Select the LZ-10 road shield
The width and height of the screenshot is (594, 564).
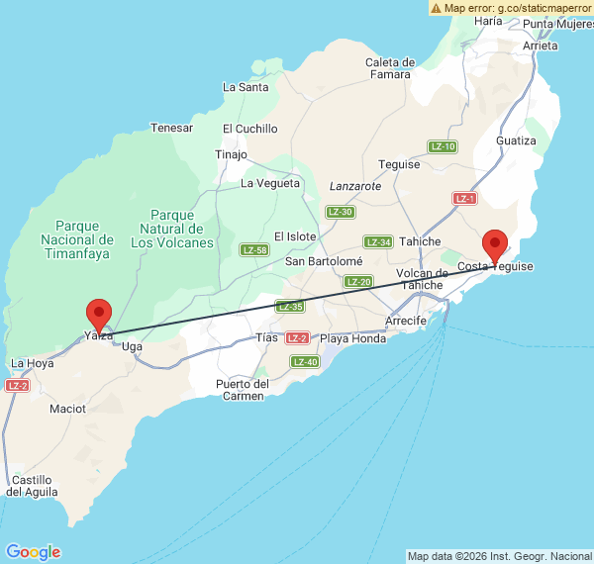[443, 146]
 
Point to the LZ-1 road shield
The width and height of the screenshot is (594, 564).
[465, 198]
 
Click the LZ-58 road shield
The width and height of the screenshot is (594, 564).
[254, 250]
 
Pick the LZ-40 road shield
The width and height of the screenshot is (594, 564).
[305, 362]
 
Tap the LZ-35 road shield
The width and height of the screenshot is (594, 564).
[289, 307]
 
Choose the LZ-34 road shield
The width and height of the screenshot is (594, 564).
[378, 242]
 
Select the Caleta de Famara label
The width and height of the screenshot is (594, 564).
[390, 67]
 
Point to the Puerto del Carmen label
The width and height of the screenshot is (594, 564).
[243, 390]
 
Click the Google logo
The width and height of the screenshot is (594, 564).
[33, 552]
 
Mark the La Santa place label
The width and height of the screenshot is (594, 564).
[246, 87]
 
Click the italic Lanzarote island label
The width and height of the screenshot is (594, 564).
[354, 186]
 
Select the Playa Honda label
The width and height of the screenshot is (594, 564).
[352, 339]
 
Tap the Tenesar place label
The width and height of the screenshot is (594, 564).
[171, 128]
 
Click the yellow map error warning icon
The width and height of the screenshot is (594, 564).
[437, 7]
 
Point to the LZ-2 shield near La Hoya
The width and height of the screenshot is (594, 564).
[17, 385]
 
